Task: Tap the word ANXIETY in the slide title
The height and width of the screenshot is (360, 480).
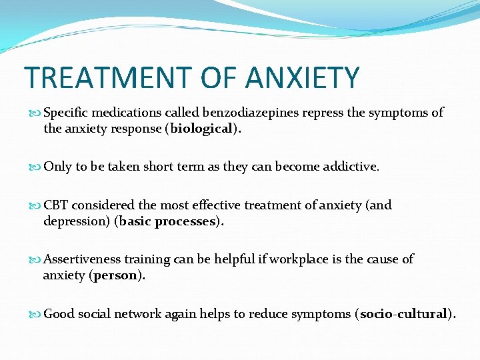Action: point(303,77)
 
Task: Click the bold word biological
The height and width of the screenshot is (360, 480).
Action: point(201,129)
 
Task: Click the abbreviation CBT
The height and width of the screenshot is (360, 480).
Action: point(56,205)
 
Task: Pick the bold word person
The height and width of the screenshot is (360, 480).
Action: point(114,275)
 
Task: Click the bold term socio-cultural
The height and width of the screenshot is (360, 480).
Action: point(403,313)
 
